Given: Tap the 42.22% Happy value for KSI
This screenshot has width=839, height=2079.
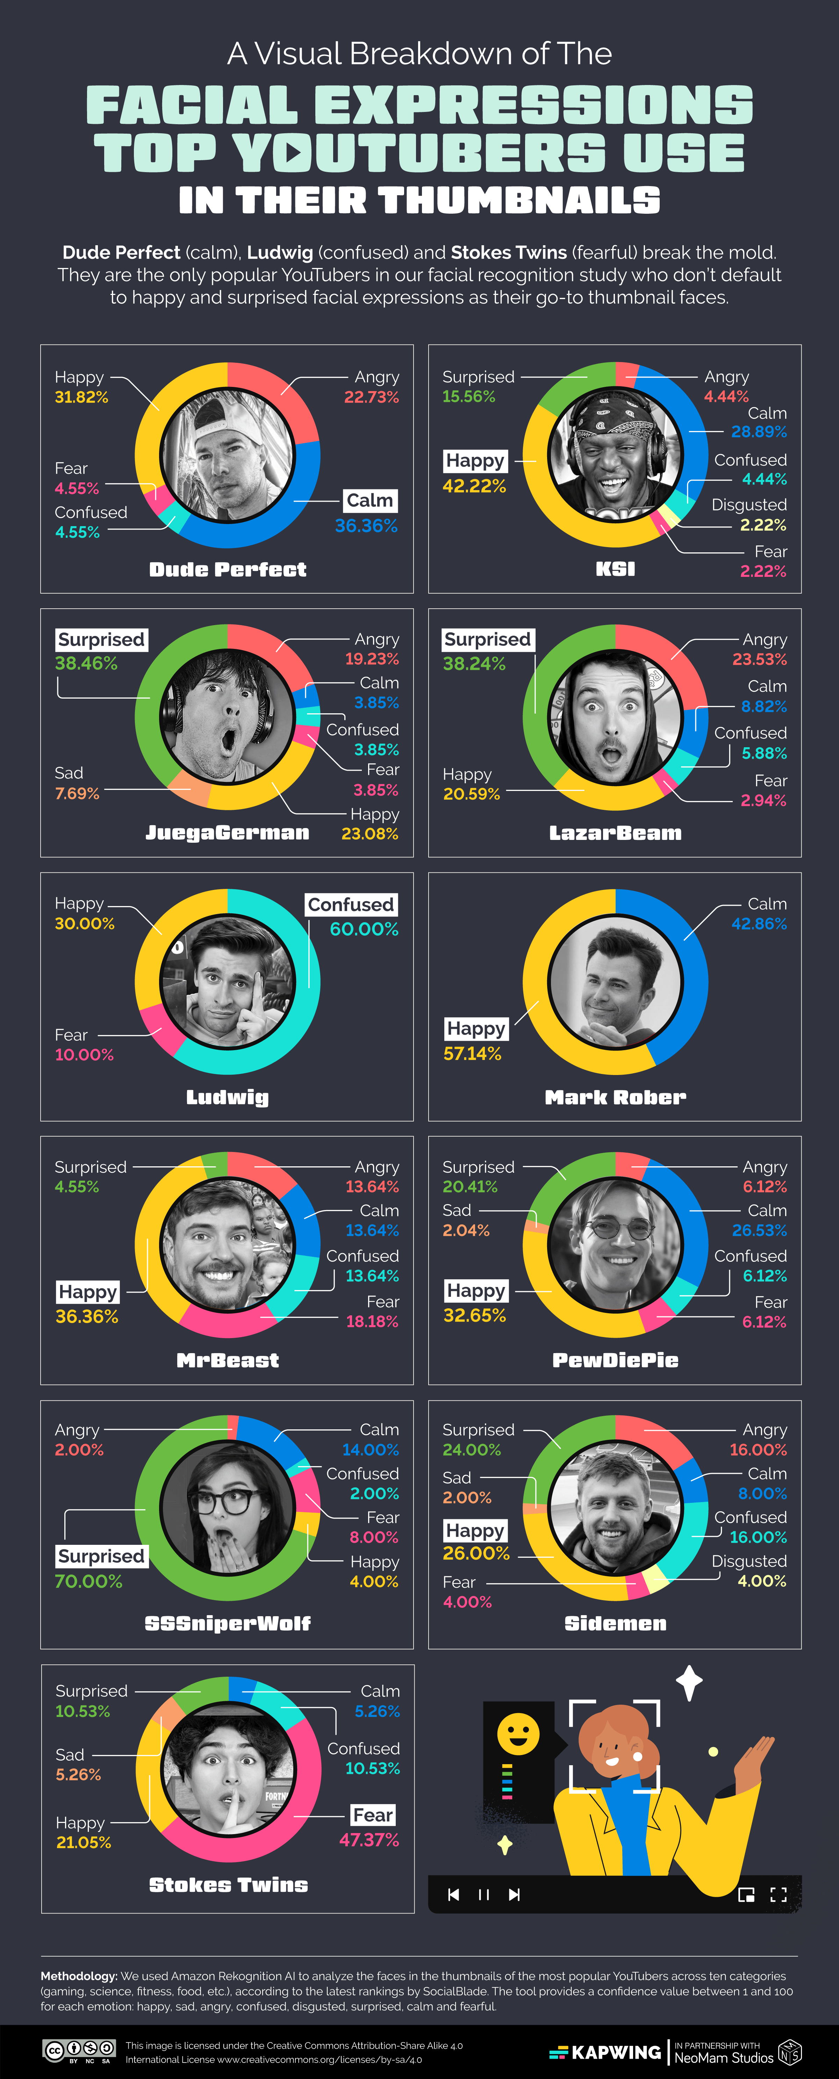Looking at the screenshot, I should coord(474,486).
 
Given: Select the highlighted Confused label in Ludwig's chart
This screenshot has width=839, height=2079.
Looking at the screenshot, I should coord(351,905).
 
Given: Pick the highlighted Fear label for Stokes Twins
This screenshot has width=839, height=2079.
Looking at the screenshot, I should coord(373,1815).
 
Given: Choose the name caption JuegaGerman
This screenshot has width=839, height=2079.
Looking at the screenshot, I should coord(228,833).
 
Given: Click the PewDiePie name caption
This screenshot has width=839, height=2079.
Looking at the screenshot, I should coord(616,1361).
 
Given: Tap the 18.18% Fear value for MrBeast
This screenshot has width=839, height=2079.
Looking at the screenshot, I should coord(372,1321).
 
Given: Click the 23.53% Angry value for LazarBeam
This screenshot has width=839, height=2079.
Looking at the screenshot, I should coord(759,659).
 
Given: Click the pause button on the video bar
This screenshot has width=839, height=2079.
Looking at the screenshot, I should coord(484,1894).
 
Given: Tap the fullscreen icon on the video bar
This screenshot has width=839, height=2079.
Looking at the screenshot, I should coord(779,1894).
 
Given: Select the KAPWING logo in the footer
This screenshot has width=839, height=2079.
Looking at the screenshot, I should coord(605,2052).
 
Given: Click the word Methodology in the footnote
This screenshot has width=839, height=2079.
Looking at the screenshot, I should coord(78,1976).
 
